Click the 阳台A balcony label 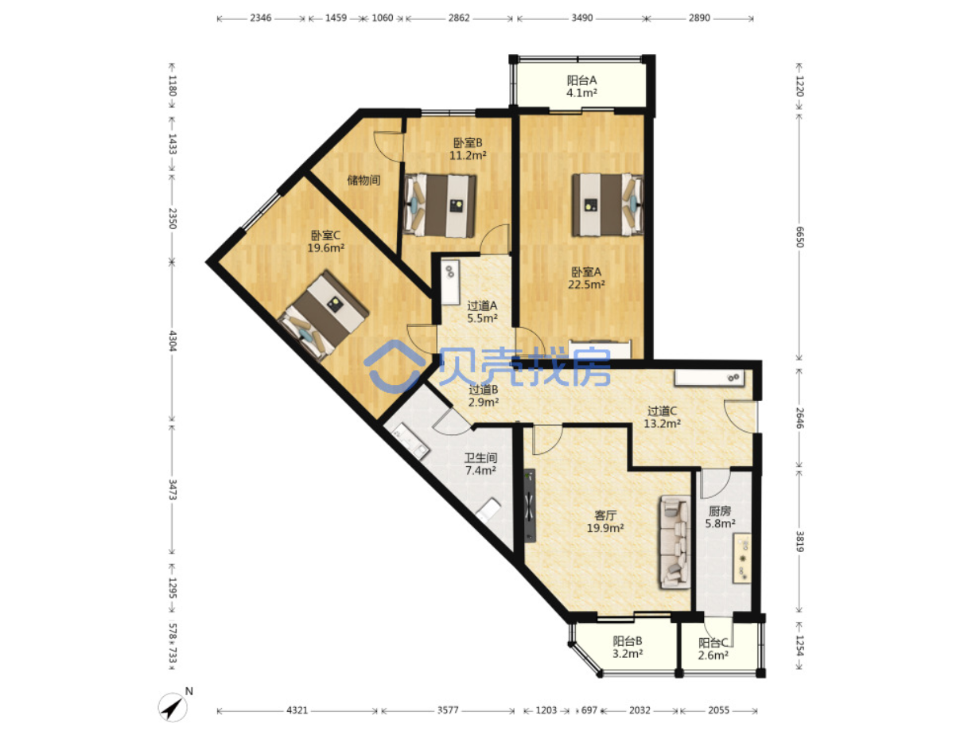581,80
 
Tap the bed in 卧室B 440,205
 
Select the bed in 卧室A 607,204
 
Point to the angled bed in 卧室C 323,314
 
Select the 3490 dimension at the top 581,18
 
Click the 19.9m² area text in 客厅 605,527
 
